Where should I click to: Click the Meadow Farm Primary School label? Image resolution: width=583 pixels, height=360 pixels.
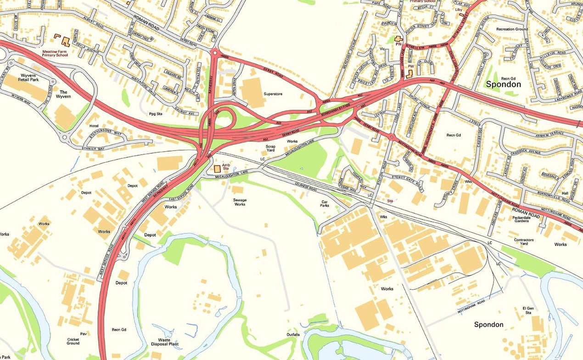55,53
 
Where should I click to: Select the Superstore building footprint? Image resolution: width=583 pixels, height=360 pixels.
252,92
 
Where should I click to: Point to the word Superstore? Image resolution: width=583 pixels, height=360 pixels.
273,94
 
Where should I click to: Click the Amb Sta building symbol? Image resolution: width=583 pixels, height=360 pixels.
217,169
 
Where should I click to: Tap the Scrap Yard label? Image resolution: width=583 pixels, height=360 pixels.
270,149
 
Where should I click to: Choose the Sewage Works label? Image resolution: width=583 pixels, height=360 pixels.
240,202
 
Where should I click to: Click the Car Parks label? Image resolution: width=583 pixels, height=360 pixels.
325,203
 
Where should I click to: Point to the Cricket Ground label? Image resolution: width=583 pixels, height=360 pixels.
73,341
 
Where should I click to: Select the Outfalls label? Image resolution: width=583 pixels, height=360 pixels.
293,334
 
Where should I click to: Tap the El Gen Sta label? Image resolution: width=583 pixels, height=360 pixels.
527,310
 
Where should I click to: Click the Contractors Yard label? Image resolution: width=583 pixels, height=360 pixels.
524,242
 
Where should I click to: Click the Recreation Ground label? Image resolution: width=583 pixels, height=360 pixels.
512,29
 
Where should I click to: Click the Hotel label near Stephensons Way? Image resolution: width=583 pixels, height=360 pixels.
94,126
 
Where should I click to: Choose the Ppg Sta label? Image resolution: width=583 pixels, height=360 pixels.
156,113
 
